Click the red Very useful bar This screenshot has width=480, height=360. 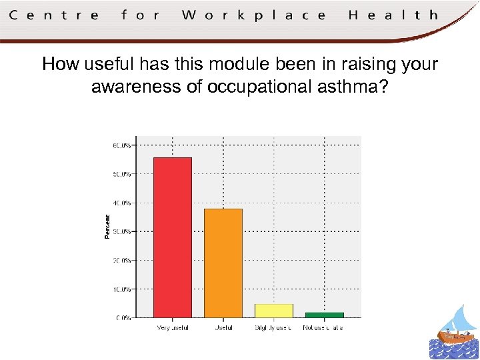172,237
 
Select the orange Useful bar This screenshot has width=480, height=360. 223,263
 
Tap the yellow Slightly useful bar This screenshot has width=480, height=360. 273,311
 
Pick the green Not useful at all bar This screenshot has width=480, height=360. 324,315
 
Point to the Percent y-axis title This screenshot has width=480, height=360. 107,226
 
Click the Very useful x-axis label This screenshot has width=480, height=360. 172,328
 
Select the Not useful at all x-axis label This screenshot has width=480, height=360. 323,328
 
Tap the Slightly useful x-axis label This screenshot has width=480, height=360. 273,328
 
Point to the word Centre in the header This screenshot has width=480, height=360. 55,15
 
